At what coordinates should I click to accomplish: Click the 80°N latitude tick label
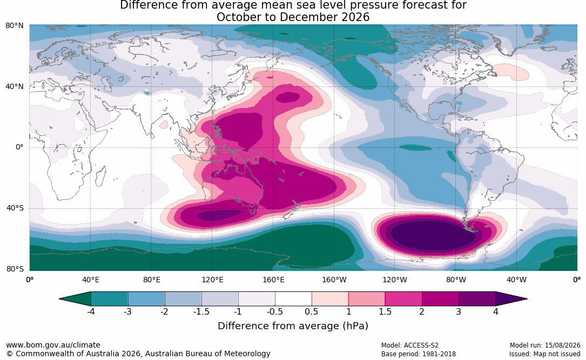14,26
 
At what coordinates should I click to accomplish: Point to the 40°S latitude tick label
15,208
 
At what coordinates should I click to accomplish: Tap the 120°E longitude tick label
212,280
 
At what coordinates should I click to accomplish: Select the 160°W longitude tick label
334,280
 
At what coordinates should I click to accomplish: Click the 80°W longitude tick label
456,280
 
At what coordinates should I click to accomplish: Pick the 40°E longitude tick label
90,280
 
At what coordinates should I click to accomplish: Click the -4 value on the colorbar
90,311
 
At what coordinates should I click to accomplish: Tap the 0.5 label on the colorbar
311,311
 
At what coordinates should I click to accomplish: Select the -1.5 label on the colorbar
201,311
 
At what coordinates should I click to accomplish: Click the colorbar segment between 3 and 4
477,299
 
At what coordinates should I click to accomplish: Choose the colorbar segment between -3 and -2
146,299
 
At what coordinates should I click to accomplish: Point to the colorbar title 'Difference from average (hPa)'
293,325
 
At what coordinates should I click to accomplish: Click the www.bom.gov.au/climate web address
53,345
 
